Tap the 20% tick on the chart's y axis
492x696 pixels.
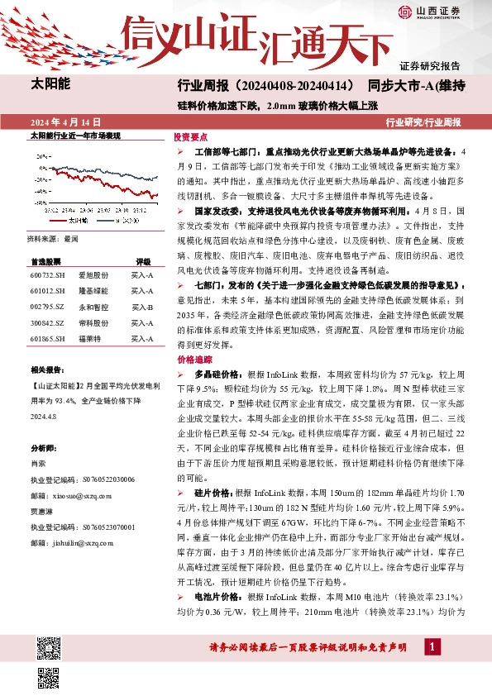pos(40,155)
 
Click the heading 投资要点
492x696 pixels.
pos(190,137)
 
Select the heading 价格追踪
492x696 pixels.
pos(190,360)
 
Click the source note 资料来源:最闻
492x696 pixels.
pos(52,238)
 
